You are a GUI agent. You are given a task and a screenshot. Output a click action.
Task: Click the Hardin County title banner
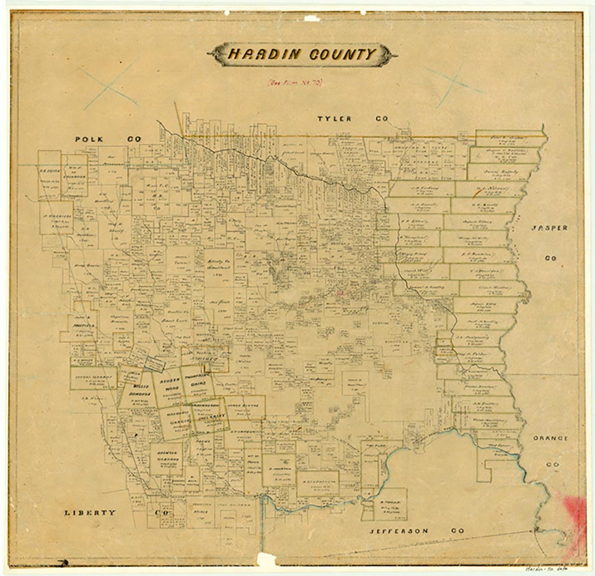coord(302,55)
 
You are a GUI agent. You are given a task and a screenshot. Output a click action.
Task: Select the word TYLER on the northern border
coord(335,118)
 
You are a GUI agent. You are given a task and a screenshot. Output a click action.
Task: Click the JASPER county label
coord(549,228)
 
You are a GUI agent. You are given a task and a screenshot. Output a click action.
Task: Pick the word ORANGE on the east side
coord(550,438)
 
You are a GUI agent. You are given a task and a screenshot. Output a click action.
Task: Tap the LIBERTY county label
coord(90,512)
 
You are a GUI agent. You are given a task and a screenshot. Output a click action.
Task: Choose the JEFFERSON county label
coord(399,531)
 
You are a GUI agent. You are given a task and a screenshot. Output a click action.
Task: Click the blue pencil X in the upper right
coord(454,84)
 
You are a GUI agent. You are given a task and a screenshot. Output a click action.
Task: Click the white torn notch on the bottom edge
coord(267,560)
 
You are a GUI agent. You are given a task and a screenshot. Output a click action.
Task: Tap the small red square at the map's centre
coord(339,291)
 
